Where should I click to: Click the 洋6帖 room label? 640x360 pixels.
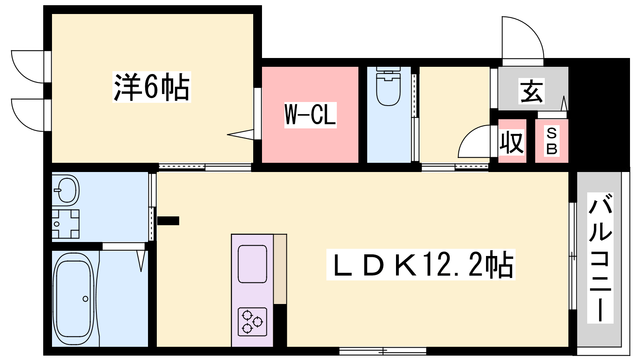pos(152,87)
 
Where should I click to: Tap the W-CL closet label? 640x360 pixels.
pos(310,115)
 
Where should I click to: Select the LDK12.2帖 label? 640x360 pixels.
pos(420,264)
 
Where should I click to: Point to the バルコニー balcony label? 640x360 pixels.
pos(600,258)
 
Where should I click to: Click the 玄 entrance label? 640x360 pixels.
pos(532,91)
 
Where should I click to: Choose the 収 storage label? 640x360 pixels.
pos(512,142)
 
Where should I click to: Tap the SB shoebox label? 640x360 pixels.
pos(552,142)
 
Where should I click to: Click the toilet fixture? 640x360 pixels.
pos(388,86)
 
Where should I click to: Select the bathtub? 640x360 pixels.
pos(74,299)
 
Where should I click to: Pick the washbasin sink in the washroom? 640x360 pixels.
pos(66,190)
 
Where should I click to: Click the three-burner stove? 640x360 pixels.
pos(252,322)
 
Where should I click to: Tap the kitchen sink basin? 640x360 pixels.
pos(252,264)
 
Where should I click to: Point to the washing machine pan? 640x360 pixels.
pos(66,224)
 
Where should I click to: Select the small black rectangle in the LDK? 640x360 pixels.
pos(168,221)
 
